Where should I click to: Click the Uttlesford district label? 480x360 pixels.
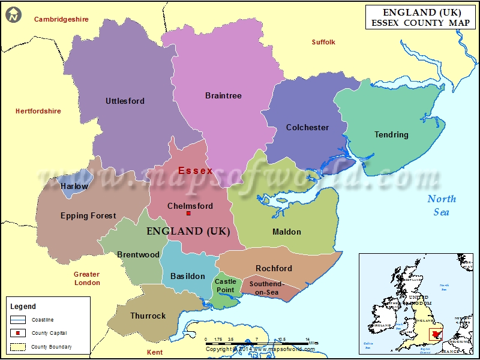click(125, 101)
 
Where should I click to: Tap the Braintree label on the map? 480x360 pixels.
click(223, 95)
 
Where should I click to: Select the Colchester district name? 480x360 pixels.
click(307, 127)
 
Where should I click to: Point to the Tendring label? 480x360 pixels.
click(391, 134)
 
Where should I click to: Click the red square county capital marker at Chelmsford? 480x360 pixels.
click(188, 214)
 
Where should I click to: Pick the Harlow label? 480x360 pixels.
click(74, 186)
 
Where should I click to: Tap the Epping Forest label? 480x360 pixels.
click(88, 215)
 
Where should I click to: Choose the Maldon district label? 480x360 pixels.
click(287, 232)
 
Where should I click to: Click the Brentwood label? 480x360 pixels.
click(139, 254)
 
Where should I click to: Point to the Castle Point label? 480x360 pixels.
click(226, 286)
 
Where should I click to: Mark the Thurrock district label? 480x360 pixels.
click(148, 316)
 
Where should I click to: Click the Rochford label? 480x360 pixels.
click(274, 268)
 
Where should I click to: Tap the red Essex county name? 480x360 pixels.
click(196, 170)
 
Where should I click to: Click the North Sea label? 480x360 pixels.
click(442, 205)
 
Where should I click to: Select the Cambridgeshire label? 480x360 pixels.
click(61, 19)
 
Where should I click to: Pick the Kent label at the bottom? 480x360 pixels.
click(155, 352)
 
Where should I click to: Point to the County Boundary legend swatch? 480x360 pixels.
click(18, 347)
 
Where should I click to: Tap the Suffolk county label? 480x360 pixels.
click(323, 42)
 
